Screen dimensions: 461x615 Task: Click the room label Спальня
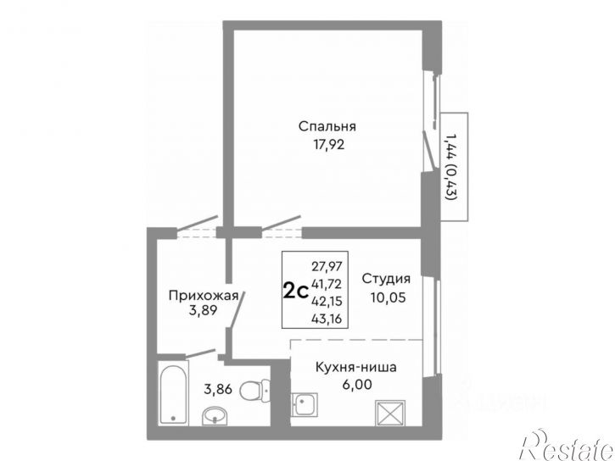tap(327, 126)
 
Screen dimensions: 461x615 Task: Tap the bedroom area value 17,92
tap(327, 143)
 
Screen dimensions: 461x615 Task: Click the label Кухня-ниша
tap(356, 367)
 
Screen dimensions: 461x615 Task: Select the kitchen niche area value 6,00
tap(355, 383)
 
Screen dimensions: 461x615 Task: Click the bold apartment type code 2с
tap(294, 292)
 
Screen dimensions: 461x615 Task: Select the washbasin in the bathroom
tap(215, 414)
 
